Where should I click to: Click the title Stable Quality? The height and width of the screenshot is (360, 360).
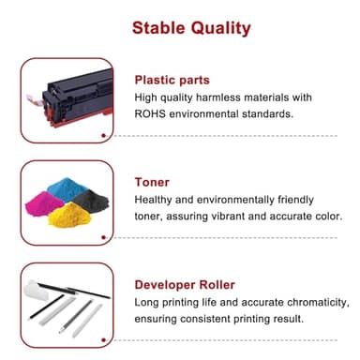(x=190, y=27)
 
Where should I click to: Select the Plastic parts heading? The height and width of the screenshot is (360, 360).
(x=172, y=80)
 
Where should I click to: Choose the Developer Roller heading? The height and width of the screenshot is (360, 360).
(x=185, y=285)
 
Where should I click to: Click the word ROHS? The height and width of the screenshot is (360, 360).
(x=155, y=114)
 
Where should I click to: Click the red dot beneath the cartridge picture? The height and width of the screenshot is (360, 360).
(x=103, y=135)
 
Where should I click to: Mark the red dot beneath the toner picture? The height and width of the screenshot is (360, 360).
(x=103, y=239)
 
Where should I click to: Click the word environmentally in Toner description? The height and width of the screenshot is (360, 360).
(x=250, y=201)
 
